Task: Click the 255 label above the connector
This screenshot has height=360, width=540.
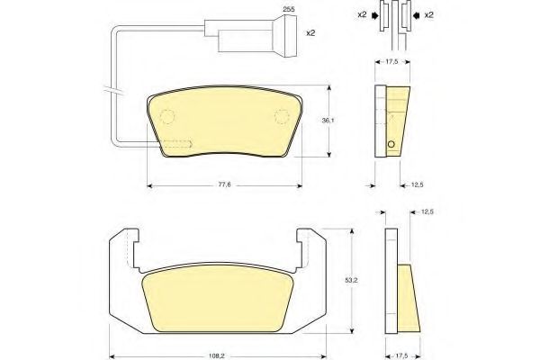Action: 289,9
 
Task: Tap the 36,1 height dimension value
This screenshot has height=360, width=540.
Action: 328,121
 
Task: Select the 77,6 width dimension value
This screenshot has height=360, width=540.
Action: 224,184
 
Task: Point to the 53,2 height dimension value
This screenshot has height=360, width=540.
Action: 351,281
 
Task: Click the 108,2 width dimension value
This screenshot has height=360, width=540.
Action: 217,356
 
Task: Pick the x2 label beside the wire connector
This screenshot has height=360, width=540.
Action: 310,33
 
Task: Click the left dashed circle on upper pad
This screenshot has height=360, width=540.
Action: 167,116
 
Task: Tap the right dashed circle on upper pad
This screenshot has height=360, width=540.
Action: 282,116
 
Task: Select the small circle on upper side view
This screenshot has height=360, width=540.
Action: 391,144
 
